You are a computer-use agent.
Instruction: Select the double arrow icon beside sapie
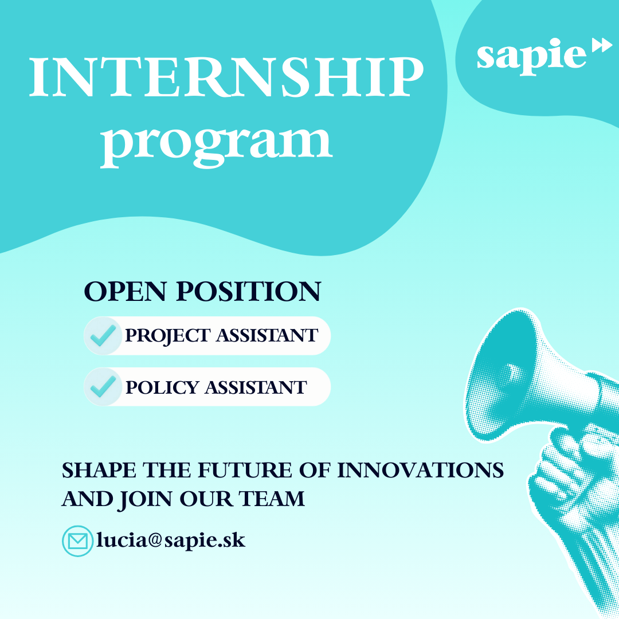point(602,46)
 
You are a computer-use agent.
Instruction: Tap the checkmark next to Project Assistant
point(103,336)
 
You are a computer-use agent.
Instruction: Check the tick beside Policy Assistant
point(103,387)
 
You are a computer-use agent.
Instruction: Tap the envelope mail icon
point(77,541)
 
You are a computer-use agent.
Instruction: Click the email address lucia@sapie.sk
point(171,540)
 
